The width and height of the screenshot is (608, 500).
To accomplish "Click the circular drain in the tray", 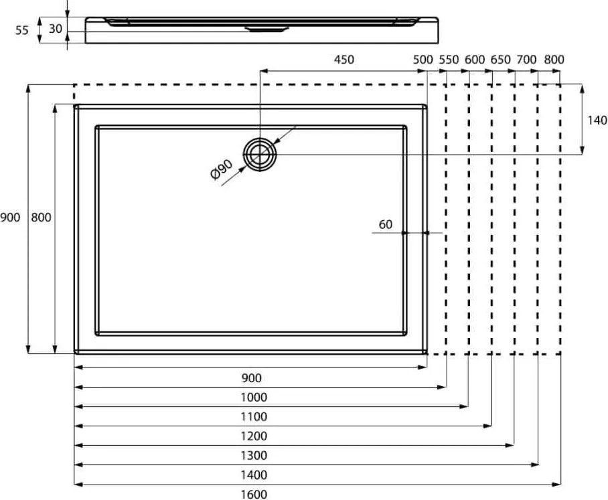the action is pos(259,154).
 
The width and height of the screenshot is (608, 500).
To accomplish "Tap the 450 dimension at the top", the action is pos(344,60).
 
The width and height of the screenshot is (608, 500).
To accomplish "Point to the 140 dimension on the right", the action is pos(597,120).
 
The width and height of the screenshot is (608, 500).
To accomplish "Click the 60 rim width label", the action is pos(386,224).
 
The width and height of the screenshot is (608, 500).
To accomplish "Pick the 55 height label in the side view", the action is pos(22,30).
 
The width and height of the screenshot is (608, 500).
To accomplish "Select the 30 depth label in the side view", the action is pos(56,28).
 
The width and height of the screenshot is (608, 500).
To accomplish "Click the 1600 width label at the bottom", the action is pos(254,494).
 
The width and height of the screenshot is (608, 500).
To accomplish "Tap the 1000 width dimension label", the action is pos(254,398).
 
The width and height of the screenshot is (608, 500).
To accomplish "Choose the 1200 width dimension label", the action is pos(254,436).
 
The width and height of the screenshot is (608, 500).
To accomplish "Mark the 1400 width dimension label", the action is pos(254,475).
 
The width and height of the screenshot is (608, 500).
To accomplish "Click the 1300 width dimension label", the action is pos(254,455).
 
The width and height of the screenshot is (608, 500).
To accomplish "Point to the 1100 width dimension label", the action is pos(254,416).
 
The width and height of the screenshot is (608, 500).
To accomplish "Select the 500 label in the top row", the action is pos(423,60).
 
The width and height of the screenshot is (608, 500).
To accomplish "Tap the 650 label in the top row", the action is pos(501,60).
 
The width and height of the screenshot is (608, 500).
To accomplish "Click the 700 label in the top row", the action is pos(526,60).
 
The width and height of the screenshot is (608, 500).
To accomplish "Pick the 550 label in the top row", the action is pos(449,60).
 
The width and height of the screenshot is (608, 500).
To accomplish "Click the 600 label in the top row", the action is pos(475,60).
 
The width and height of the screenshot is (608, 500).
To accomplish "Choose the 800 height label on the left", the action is pos(41,218).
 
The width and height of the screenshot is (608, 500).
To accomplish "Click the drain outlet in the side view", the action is pos(267,29).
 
